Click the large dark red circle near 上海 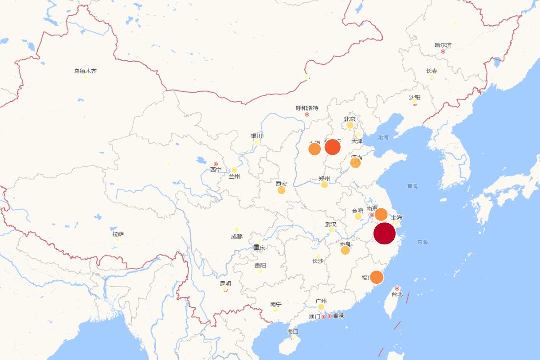[384, 234]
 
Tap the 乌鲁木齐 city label [85, 71]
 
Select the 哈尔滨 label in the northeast [443, 45]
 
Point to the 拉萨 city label [118, 234]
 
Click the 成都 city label [236, 236]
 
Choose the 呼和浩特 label [307, 108]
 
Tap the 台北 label [397, 294]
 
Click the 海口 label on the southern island [293, 332]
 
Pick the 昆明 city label [225, 283]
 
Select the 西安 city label [281, 184]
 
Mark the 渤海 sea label [383, 138]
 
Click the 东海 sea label [422, 242]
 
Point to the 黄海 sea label [413, 186]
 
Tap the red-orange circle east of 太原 [333, 147]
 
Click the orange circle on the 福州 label [377, 277]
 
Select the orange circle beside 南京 [381, 215]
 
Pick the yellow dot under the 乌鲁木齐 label [85, 77]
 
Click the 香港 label [338, 316]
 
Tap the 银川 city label [256, 136]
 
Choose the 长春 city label [432, 71]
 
